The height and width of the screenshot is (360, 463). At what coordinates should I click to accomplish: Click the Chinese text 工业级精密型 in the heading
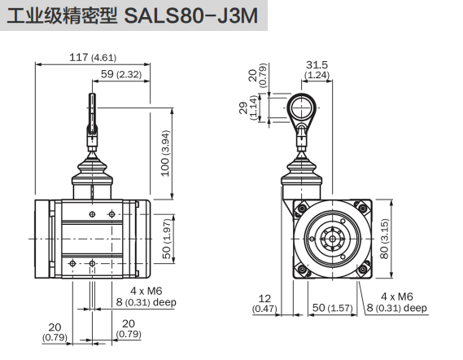click(62, 17)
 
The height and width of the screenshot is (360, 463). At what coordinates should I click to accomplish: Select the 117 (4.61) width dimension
click(92, 58)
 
